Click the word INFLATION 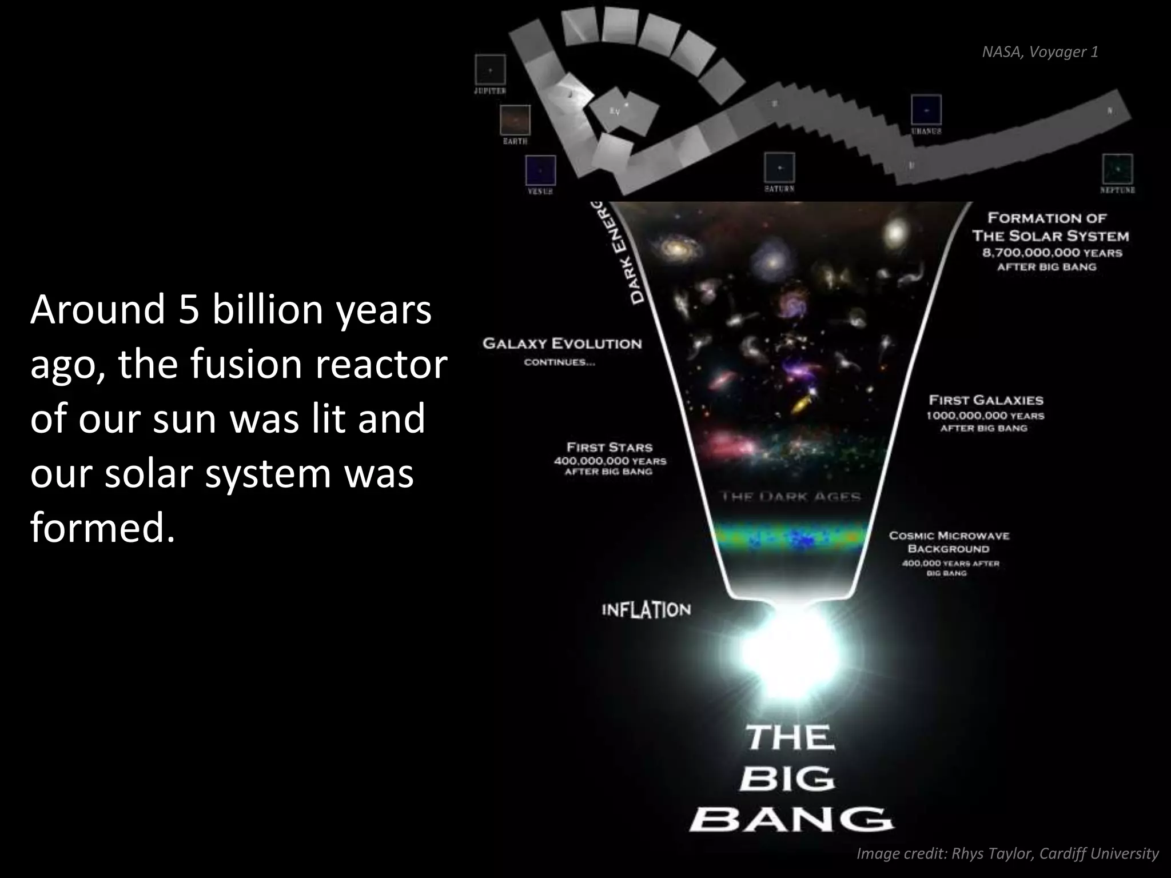click(646, 610)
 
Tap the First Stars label click(609, 447)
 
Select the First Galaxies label click(986, 400)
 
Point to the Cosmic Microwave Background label click(949, 542)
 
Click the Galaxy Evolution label click(562, 344)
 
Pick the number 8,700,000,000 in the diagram click(1031, 253)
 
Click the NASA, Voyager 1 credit click(1039, 52)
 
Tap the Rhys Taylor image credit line click(1007, 853)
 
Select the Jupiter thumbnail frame click(490, 70)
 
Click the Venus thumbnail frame click(540, 170)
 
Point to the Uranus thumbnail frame click(926, 110)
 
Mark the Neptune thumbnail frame click(1117, 169)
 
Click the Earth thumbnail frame click(515, 120)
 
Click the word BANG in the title click(790, 820)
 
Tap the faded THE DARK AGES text click(791, 496)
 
